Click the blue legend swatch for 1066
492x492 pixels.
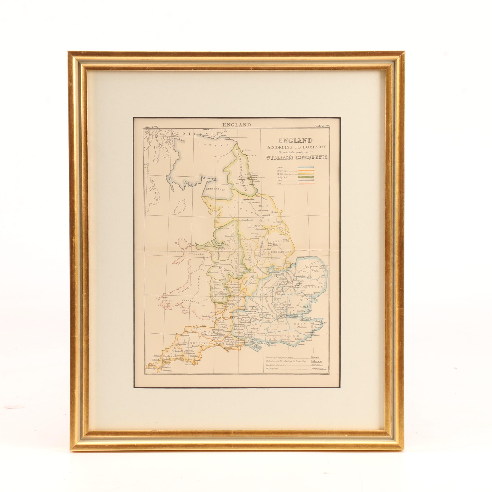click(x=306, y=167)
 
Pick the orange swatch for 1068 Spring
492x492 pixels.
click(x=306, y=170)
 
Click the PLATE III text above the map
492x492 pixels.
click(x=322, y=126)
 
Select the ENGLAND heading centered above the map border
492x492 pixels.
click(x=236, y=125)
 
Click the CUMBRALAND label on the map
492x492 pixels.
click(x=216, y=190)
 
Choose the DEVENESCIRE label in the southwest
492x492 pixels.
click(x=191, y=336)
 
